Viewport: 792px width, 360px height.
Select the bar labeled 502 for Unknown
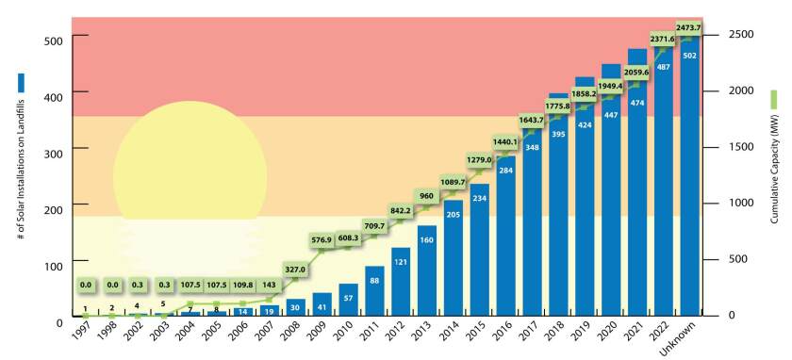click(x=689, y=179)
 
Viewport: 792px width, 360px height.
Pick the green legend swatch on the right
click(x=773, y=99)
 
